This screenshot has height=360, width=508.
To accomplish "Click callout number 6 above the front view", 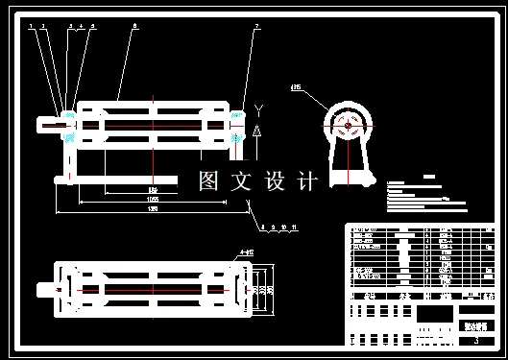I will [134, 26].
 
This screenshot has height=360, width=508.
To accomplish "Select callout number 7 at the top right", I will [256, 26].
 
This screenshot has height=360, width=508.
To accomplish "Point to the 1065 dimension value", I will [152, 200].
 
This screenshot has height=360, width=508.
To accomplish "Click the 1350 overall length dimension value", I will [152, 210].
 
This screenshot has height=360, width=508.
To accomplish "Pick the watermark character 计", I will [307, 181].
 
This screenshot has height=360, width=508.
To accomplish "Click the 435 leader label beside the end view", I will [296, 88].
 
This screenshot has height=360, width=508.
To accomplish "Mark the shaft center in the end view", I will [346, 124].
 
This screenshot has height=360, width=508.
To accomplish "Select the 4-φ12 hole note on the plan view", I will [247, 253].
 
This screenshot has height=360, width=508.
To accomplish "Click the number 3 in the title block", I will [476, 340].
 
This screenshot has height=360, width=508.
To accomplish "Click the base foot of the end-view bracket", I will [349, 179].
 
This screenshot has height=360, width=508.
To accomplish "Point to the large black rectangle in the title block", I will [435, 313].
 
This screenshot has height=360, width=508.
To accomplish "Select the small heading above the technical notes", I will [428, 176].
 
